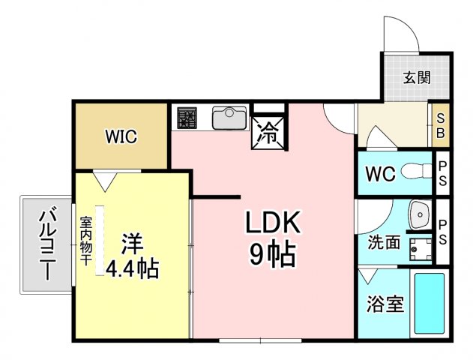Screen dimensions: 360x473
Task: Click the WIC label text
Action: click(x=121, y=137)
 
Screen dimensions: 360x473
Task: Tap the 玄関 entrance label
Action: click(x=415, y=77)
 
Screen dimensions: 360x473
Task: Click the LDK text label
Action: click(x=273, y=223)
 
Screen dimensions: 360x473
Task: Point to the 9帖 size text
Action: click(x=271, y=256)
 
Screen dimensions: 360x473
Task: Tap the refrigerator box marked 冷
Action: click(x=267, y=133)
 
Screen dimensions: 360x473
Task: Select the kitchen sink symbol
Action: click(x=228, y=118)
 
